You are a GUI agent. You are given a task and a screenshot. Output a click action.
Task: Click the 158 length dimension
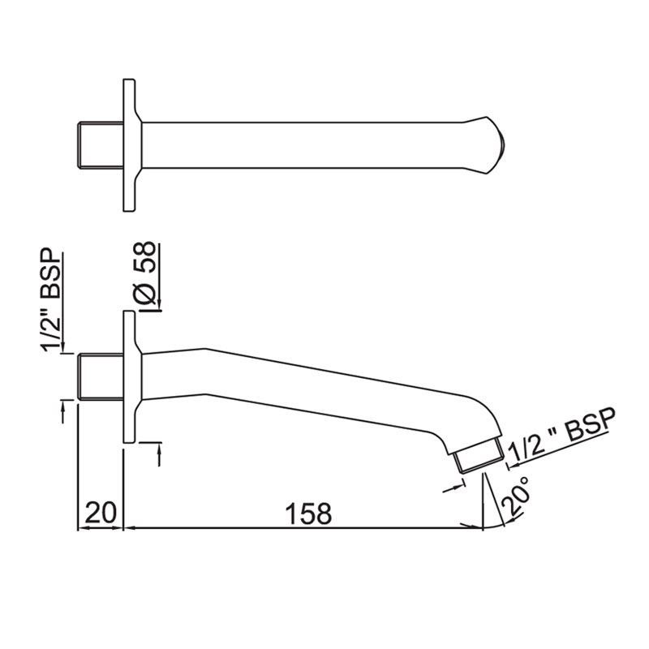tap(309, 514)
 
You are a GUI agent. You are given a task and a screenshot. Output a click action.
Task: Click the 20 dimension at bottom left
tap(101, 513)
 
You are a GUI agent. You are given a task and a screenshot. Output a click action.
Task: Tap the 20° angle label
tap(516, 497)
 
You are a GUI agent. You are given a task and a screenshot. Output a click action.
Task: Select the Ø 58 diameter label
tap(144, 275)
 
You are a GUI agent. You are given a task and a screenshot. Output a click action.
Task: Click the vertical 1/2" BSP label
tap(51, 299)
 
